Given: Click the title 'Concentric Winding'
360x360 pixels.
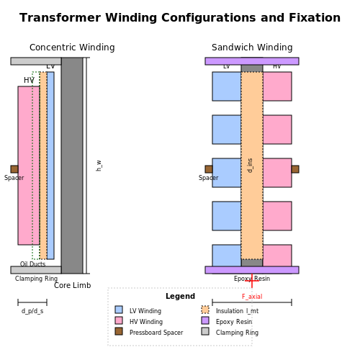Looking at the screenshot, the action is pyautogui.click(x=72, y=48).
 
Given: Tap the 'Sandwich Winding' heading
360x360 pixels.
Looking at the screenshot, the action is pyautogui.click(x=252, y=48).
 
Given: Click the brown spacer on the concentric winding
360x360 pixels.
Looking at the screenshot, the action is pyautogui.click(x=14, y=169).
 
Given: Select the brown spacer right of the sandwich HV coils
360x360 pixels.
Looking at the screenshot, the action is pyautogui.click(x=295, y=169).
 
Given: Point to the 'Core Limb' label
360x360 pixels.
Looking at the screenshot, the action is pyautogui.click(x=72, y=285).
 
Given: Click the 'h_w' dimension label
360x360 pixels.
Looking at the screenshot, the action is pyautogui.click(x=99, y=166).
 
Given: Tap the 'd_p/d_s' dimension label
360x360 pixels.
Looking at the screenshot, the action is pyautogui.click(x=32, y=311).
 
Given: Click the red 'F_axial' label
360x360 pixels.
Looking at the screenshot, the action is pyautogui.click(x=252, y=297).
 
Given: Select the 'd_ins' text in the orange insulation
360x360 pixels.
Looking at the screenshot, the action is pyautogui.click(x=250, y=166).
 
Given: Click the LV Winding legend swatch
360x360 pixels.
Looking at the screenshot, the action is pyautogui.click(x=119, y=310).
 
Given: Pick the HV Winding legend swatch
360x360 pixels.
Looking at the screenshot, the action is pyautogui.click(x=119, y=320).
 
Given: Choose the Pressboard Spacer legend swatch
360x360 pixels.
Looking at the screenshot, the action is pyautogui.click(x=119, y=331).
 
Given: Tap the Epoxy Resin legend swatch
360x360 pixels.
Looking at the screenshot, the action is pyautogui.click(x=205, y=320).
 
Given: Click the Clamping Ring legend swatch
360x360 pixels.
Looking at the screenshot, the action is pyautogui.click(x=205, y=331).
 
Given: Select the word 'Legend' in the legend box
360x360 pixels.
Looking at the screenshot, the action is pyautogui.click(x=180, y=296).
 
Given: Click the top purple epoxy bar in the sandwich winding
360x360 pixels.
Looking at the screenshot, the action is pyautogui.click(x=252, y=61).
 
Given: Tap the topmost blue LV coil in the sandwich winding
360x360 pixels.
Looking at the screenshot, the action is pyautogui.click(x=227, y=86).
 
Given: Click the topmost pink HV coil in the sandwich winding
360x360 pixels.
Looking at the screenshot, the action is pyautogui.click(x=277, y=86).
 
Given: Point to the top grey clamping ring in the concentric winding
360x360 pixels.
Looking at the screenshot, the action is pyautogui.click(x=36, y=61).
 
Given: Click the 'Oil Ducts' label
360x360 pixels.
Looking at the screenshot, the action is pyautogui.click(x=32, y=264).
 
